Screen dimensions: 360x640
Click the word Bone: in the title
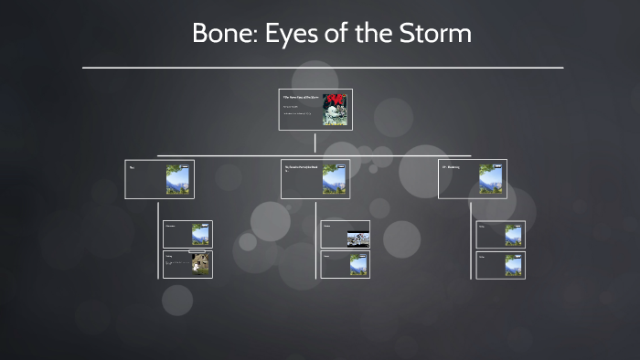(219, 34)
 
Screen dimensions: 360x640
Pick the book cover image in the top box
(335, 110)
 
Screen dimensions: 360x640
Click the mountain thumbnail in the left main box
(177, 179)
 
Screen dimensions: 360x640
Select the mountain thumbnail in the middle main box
(334, 179)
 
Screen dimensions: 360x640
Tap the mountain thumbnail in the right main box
(491, 179)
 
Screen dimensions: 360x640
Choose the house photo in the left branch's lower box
(199, 264)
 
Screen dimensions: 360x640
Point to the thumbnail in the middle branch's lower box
(357, 264)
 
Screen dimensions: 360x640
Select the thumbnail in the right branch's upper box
(513, 235)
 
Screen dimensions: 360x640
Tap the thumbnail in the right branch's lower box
(513, 264)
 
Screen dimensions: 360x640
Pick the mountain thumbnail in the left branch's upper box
(199, 235)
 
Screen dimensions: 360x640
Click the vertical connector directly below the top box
(315, 143)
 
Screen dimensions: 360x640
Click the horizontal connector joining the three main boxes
(238, 155)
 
